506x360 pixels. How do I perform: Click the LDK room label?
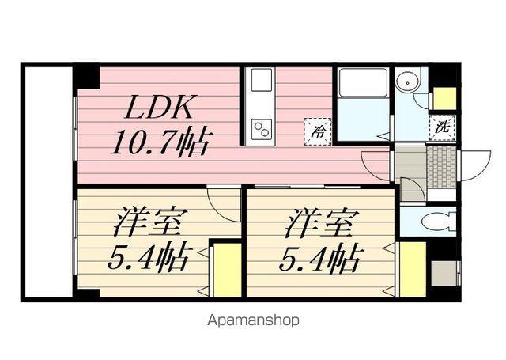click(159, 108)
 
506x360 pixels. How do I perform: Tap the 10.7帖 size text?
click(158, 143)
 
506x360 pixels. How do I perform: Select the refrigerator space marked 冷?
click(318, 131)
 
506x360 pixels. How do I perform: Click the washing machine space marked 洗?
click(442, 127)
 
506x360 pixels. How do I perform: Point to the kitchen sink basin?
click(262, 80)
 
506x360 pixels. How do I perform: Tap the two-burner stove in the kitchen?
click(262, 129)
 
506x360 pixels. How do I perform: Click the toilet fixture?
click(438, 222)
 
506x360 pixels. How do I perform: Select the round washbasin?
click(409, 82)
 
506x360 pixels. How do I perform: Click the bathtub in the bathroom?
click(363, 82)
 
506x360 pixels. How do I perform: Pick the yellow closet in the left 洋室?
click(228, 271)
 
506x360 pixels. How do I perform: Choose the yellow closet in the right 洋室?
click(413, 270)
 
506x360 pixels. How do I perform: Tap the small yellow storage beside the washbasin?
click(444, 98)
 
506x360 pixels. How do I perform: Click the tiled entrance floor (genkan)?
click(441, 167)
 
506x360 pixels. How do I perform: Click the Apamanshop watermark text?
click(253, 320)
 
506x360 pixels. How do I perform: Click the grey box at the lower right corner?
click(444, 273)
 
